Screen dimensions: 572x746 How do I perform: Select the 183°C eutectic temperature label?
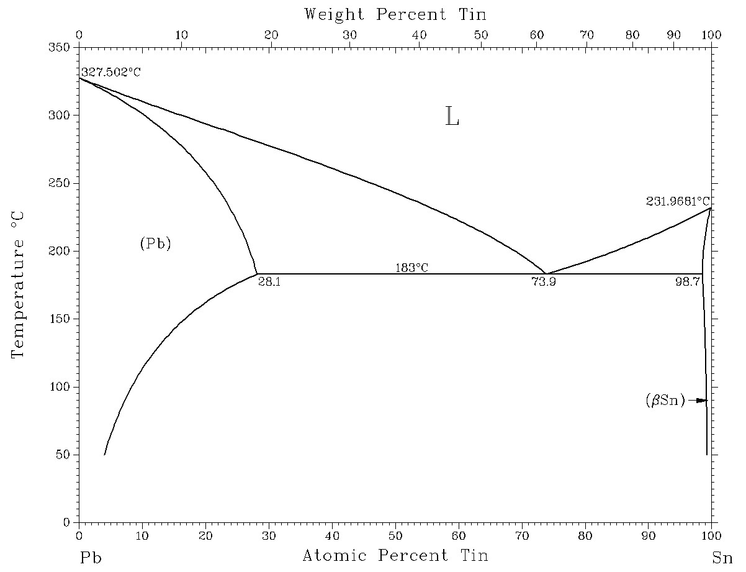click(412, 268)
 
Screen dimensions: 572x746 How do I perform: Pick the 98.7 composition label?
click(688, 281)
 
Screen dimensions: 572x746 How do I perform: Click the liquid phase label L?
click(452, 117)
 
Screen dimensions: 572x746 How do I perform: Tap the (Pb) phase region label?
click(155, 244)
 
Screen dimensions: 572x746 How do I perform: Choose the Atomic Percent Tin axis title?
click(395, 555)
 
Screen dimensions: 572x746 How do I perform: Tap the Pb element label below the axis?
click(90, 558)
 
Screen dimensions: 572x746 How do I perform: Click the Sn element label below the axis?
click(722, 558)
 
